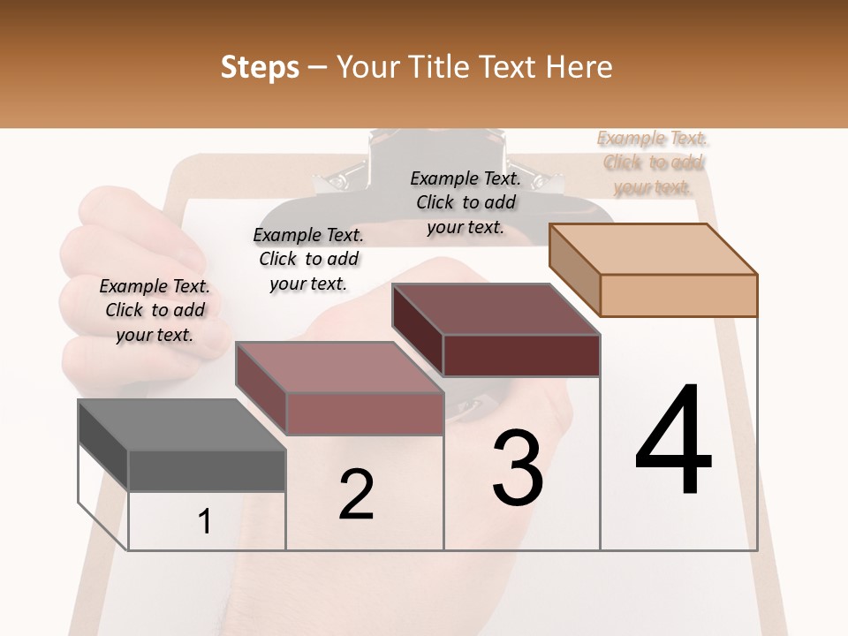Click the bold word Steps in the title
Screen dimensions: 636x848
[x=260, y=67]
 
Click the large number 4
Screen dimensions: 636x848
[x=673, y=441]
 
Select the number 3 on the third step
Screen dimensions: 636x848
[x=518, y=467]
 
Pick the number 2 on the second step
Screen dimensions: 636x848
[x=357, y=494]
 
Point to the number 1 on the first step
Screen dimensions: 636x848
[x=205, y=522]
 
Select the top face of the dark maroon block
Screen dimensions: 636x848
[x=496, y=309]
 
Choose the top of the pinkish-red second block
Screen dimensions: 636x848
[x=338, y=367]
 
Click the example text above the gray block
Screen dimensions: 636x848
[x=155, y=310]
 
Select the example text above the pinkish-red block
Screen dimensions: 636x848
[x=308, y=259]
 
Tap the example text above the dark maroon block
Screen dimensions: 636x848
[x=466, y=202]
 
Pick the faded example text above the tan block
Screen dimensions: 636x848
[x=653, y=163]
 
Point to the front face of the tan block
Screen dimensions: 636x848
[x=678, y=295]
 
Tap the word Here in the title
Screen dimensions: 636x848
[x=579, y=67]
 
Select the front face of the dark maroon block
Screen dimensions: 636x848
[x=521, y=355]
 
